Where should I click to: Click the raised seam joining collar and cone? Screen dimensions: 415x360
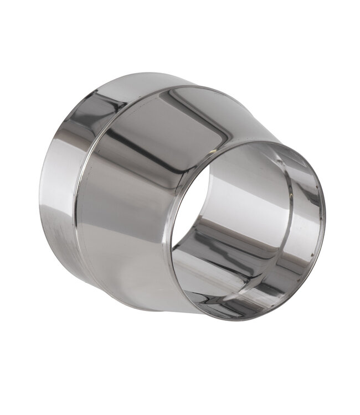(89, 183)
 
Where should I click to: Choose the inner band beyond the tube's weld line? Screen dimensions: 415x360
(305, 221)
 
